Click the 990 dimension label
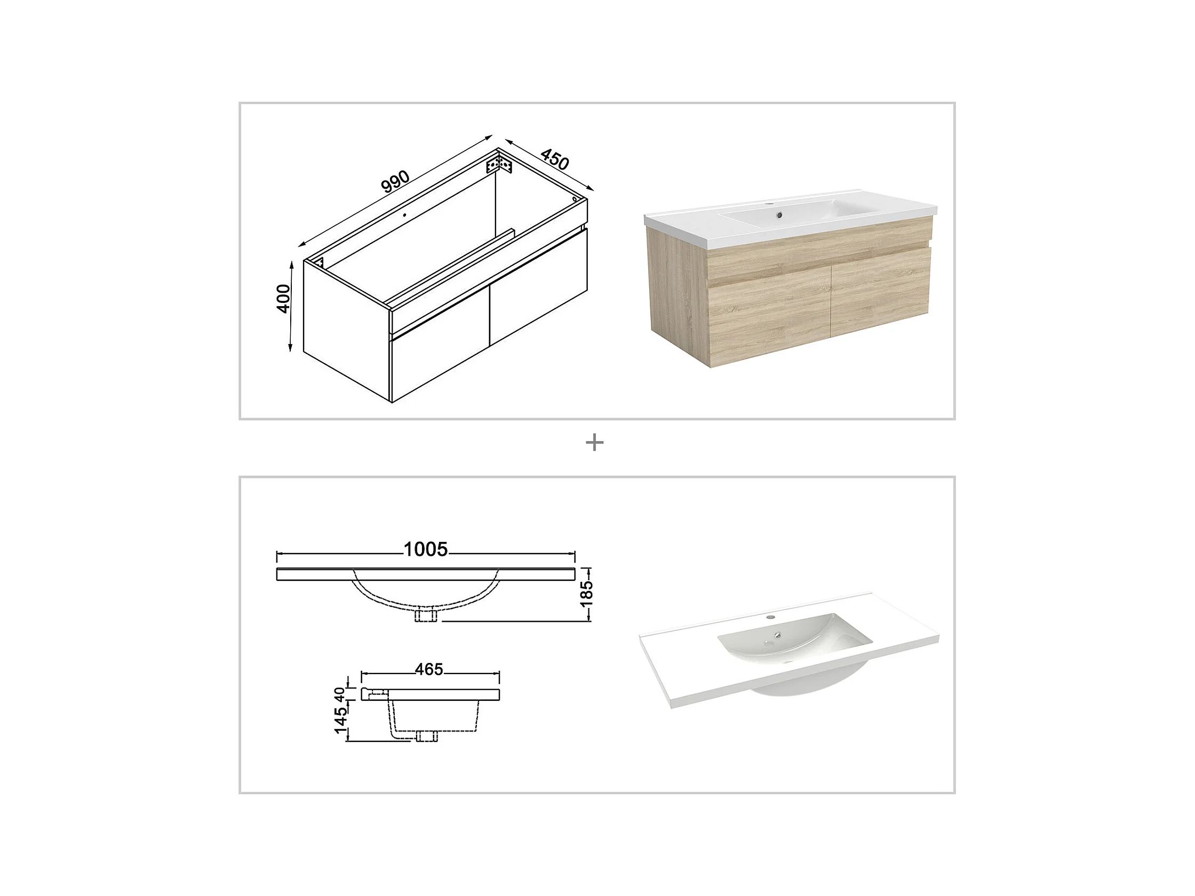pos(395,181)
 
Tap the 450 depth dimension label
pos(554,159)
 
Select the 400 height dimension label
pos(283,298)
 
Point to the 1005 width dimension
pos(426,549)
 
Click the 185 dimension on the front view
pos(586,594)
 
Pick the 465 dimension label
pos(429,670)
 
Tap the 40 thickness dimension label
pos(339,694)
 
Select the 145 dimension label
pos(340,720)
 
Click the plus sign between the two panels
pos(594,443)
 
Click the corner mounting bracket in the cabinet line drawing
pos(499,163)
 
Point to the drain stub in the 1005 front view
pos(426,615)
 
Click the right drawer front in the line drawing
pos(538,286)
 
